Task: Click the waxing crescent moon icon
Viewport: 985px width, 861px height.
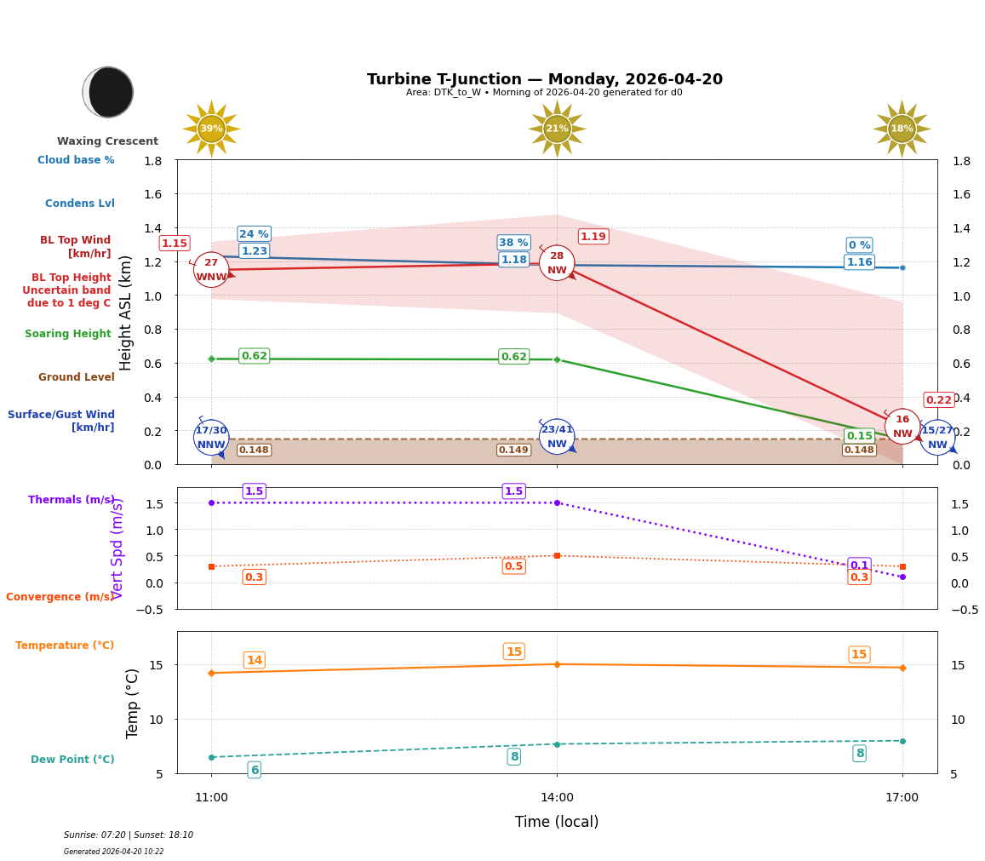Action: point(108,92)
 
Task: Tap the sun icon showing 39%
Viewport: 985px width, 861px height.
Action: point(211,129)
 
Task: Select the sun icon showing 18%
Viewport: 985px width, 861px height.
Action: point(902,129)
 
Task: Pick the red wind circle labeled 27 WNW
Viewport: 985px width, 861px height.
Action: point(211,270)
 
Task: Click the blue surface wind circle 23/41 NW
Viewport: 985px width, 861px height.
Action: point(557,437)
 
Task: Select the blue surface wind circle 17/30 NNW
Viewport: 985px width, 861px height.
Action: point(211,438)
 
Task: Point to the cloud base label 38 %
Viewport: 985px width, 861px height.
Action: point(513,243)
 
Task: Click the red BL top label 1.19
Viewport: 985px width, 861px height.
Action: point(593,237)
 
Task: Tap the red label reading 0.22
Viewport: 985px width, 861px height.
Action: point(938,400)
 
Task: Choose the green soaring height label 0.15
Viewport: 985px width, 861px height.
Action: point(859,436)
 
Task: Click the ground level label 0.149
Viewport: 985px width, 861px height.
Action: point(513,451)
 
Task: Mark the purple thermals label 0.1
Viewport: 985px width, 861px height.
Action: point(859,565)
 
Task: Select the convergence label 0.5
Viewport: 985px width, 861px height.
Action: point(513,566)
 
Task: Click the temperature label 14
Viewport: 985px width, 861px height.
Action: point(254,660)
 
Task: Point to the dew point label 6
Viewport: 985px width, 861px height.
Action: point(254,770)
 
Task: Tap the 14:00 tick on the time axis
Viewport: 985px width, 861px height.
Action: point(557,798)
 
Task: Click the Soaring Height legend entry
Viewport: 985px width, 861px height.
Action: point(68,334)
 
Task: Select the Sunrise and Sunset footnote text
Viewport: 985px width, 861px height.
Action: point(129,835)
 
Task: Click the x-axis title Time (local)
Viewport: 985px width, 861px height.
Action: point(557,822)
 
